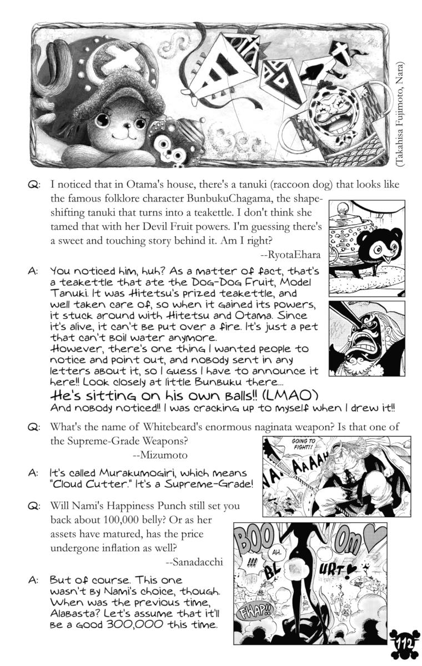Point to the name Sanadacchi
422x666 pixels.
pyautogui.click(x=194, y=562)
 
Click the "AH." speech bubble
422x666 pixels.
pyautogui.click(x=276, y=553)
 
